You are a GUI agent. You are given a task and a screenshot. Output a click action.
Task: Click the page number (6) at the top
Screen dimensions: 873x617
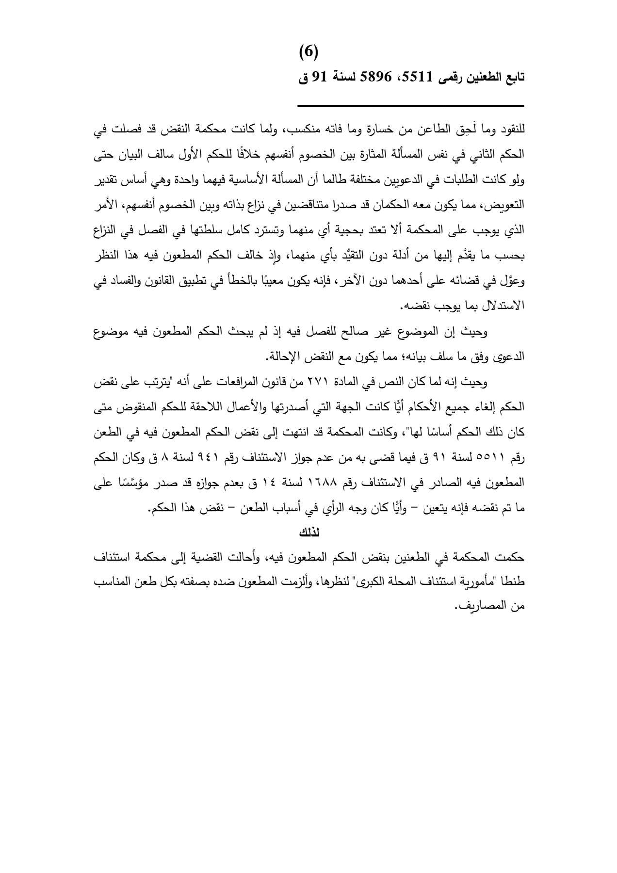click(x=308, y=51)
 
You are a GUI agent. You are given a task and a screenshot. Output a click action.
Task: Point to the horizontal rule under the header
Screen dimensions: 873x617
click(x=410, y=106)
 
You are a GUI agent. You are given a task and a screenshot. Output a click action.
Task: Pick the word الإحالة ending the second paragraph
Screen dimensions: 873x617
click(x=283, y=357)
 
